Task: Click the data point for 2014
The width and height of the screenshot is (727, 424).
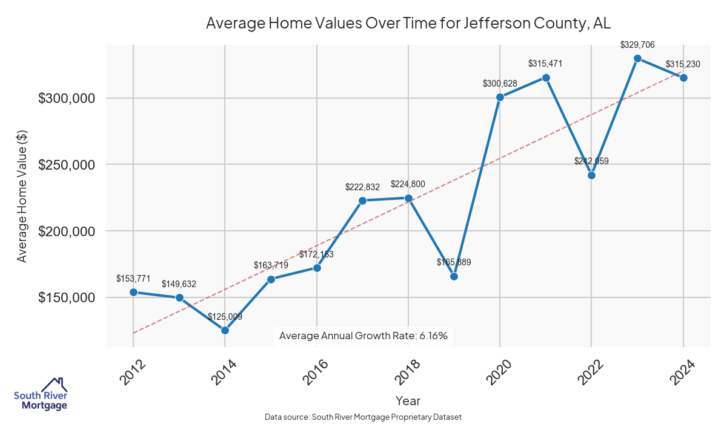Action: coord(225,330)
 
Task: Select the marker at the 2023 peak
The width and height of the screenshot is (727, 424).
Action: coord(637,58)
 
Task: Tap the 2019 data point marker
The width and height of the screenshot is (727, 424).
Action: coord(454,276)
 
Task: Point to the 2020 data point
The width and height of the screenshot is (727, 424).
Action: coord(500,97)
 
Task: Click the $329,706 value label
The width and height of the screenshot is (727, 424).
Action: coord(637,45)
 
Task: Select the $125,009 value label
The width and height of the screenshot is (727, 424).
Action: coord(225,316)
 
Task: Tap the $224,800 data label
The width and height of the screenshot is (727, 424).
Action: coord(408,184)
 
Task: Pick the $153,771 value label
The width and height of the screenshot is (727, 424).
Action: coord(133,278)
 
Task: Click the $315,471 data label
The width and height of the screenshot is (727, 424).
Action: coord(546,63)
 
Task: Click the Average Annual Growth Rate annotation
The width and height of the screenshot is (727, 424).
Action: coord(363,336)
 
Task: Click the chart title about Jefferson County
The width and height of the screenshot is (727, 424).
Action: coord(408,23)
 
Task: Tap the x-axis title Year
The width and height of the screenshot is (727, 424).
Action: coord(408,400)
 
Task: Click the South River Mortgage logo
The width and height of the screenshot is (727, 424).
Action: coord(41,394)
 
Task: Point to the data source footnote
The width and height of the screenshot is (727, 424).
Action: coord(363,417)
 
